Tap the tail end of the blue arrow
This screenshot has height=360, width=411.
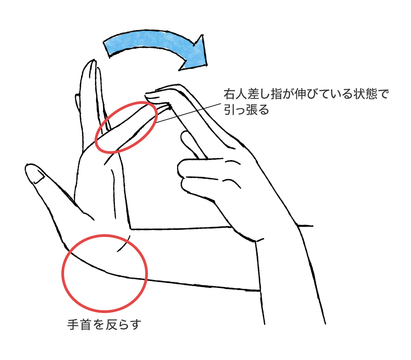tap(107, 50)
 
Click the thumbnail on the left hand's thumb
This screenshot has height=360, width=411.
tap(39, 176)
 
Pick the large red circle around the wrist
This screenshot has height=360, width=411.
tap(104, 235)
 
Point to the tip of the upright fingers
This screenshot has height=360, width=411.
tap(93, 60)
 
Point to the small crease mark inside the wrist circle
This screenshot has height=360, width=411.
tap(124, 243)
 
